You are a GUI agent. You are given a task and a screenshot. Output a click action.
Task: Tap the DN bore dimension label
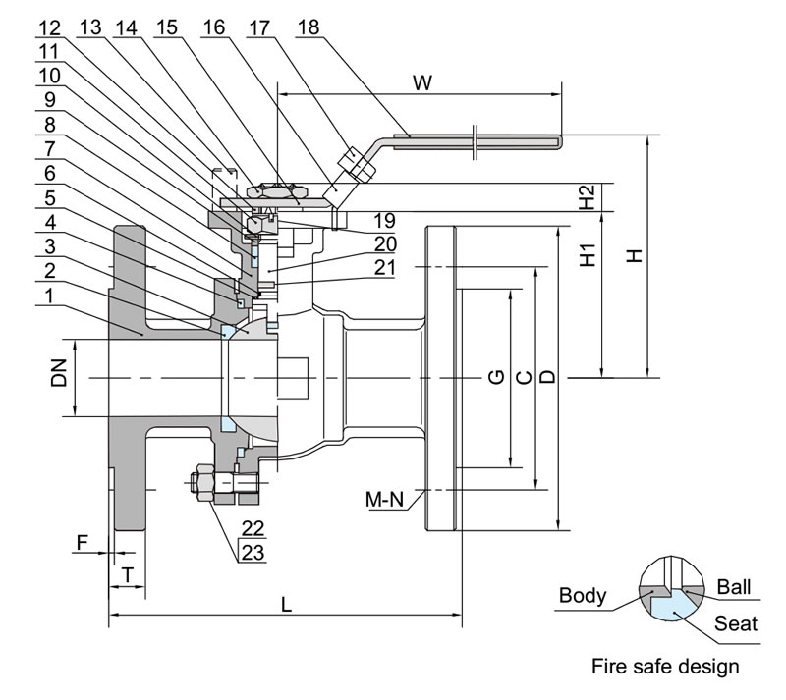coord(61,372)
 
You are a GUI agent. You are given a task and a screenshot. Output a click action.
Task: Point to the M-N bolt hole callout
coord(385,499)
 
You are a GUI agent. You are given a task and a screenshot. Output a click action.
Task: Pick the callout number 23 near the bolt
coord(253,553)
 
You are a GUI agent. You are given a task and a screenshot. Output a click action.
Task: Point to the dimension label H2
coord(587,197)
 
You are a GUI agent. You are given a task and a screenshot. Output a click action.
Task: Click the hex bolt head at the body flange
coord(199,485)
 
